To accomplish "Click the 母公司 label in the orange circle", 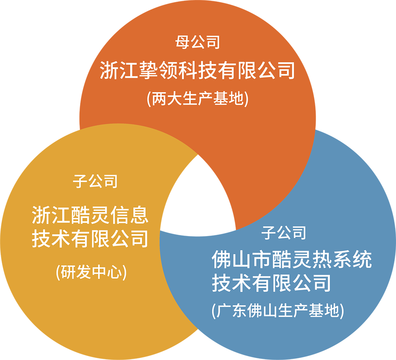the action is [x=198, y=42].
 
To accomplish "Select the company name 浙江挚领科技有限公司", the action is [x=198, y=70].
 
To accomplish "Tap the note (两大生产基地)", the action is [x=198, y=99].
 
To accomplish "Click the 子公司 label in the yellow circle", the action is [x=95, y=181].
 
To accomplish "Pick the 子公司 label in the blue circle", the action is [x=284, y=232].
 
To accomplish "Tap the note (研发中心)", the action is [x=91, y=272].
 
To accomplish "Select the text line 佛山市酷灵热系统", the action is [x=292, y=259].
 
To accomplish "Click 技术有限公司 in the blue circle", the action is [x=271, y=283].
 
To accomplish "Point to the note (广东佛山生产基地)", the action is [x=278, y=310].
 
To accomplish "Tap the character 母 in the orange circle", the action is [x=183, y=42].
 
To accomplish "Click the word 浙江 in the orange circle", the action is [x=119, y=70].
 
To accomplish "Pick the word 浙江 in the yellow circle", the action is [x=51, y=215].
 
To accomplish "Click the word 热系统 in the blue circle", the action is [x=342, y=259].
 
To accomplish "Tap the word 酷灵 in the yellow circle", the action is [x=90, y=215].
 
